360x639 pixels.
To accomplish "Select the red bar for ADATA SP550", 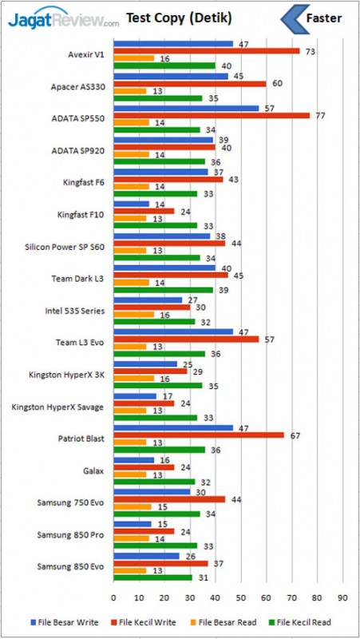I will pyautogui.click(x=212, y=115).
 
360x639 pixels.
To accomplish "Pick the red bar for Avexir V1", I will pyautogui.click(x=206, y=51).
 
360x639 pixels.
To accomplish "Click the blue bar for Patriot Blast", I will pyautogui.click(x=173, y=427).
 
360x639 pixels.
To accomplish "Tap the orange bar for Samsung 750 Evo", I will pyautogui.click(x=132, y=506).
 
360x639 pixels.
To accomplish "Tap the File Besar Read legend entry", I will pyautogui.click(x=225, y=621).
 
